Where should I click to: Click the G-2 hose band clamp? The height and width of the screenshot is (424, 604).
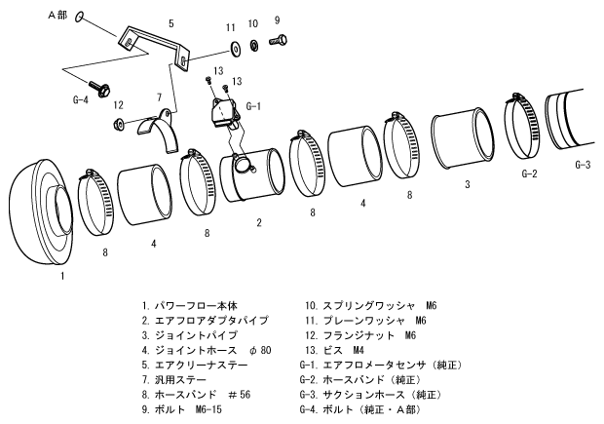tap(523, 124)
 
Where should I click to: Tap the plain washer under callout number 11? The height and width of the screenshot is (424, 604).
tap(235, 47)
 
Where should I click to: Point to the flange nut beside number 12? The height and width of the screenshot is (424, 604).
tap(119, 122)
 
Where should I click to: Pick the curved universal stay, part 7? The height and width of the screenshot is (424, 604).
tap(164, 130)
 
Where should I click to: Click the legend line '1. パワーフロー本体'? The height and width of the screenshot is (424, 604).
tap(189, 305)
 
